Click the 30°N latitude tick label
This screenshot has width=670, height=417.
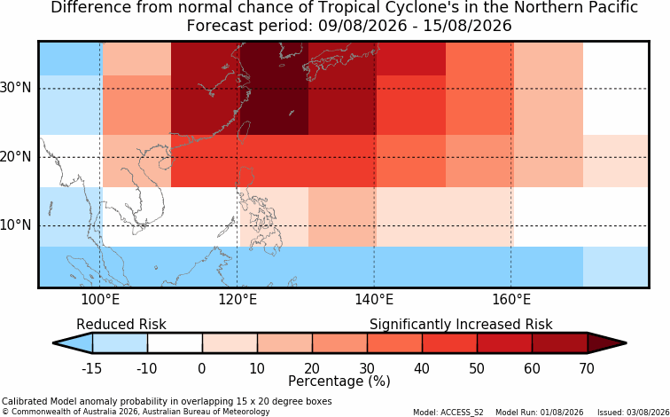[15, 88]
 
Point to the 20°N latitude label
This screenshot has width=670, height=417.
[15, 157]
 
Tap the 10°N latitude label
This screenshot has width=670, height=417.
[15, 225]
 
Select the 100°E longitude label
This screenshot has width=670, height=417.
[100, 300]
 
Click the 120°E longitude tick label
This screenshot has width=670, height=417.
[238, 300]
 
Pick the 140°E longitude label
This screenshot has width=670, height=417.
[374, 300]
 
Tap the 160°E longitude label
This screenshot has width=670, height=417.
[511, 300]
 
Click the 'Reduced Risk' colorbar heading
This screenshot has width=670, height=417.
[121, 325]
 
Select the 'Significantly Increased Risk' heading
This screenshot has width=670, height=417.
[461, 325]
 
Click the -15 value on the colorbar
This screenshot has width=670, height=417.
[92, 368]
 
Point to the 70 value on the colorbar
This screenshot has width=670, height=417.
[587, 368]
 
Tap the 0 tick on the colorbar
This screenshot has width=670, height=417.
[202, 368]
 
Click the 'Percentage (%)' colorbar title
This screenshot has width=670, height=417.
[339, 382]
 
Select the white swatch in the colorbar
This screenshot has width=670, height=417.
[175, 343]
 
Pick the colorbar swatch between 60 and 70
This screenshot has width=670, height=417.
[560, 343]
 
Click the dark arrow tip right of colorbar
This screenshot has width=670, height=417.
[627, 343]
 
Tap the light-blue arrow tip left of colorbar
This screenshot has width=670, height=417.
[53, 343]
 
